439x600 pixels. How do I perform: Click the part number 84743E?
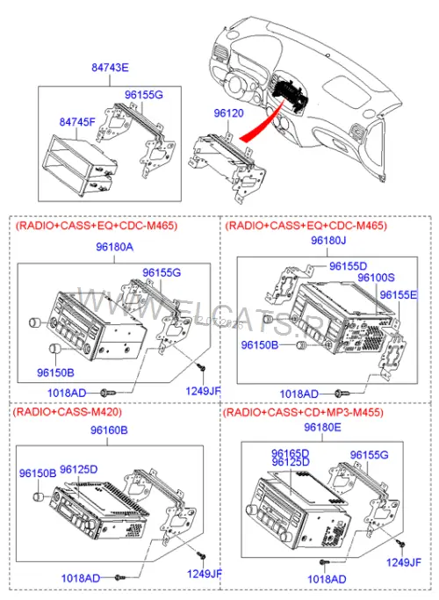(x=110, y=68)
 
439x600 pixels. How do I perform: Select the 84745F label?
(x=77, y=122)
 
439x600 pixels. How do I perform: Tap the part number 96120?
(x=228, y=112)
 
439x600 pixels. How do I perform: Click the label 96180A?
(x=115, y=247)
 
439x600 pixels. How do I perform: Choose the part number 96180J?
(x=328, y=241)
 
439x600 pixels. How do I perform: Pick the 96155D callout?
(x=348, y=266)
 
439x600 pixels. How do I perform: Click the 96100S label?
(x=376, y=278)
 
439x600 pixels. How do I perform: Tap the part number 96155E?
(x=399, y=294)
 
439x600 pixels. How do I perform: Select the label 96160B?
(x=109, y=430)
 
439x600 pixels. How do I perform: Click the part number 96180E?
(x=322, y=427)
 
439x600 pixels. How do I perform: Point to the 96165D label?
(x=291, y=453)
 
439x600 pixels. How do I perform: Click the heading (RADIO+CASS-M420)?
(x=68, y=412)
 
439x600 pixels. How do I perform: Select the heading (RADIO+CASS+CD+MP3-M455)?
(x=303, y=412)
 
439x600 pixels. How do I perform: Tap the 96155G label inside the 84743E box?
(x=144, y=95)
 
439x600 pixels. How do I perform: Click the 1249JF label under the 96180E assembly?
(x=403, y=562)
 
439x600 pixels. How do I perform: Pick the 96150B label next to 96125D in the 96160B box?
(x=38, y=473)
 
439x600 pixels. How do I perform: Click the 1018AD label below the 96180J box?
(x=299, y=394)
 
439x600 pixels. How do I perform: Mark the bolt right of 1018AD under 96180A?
(x=107, y=393)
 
